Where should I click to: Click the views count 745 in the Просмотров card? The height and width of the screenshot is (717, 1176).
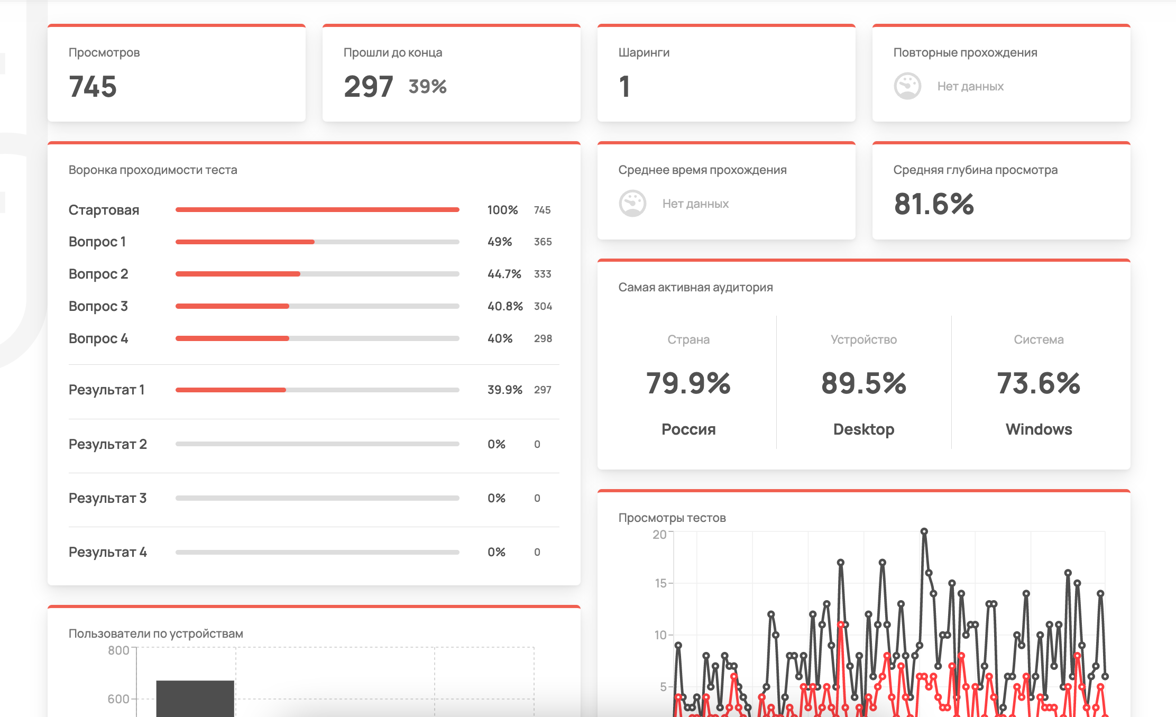pos(93,87)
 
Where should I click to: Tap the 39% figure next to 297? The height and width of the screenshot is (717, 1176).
pos(427,87)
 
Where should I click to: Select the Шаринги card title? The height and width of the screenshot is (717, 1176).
pos(644,52)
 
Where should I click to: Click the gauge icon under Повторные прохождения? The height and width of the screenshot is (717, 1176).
pos(907,86)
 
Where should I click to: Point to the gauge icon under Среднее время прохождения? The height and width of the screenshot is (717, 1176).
pos(632,204)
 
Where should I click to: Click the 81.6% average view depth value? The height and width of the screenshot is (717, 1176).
pos(934,204)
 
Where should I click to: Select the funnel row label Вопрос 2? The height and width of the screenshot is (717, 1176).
pos(98,274)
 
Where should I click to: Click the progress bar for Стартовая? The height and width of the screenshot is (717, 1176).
pos(317,210)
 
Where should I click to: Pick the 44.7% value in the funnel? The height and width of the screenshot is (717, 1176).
pos(504,274)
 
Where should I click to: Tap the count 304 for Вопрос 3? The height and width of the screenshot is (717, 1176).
pos(543,306)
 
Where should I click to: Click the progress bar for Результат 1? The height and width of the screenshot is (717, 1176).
pos(317,390)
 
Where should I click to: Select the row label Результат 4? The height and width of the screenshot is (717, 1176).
pos(108,552)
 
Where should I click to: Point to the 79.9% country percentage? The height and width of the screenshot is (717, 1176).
pos(688,383)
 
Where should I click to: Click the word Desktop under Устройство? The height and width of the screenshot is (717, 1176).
pos(863,429)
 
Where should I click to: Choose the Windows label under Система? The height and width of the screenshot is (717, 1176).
pos(1039,429)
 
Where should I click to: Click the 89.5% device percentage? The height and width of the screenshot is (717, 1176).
pos(863,383)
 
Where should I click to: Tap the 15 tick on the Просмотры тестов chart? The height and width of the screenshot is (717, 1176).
pos(660,583)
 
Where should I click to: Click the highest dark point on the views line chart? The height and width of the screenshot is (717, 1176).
pos(924,531)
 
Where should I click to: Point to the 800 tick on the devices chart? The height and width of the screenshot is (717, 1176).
pos(118,650)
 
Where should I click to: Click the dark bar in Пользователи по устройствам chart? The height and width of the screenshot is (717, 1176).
pos(195,698)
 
